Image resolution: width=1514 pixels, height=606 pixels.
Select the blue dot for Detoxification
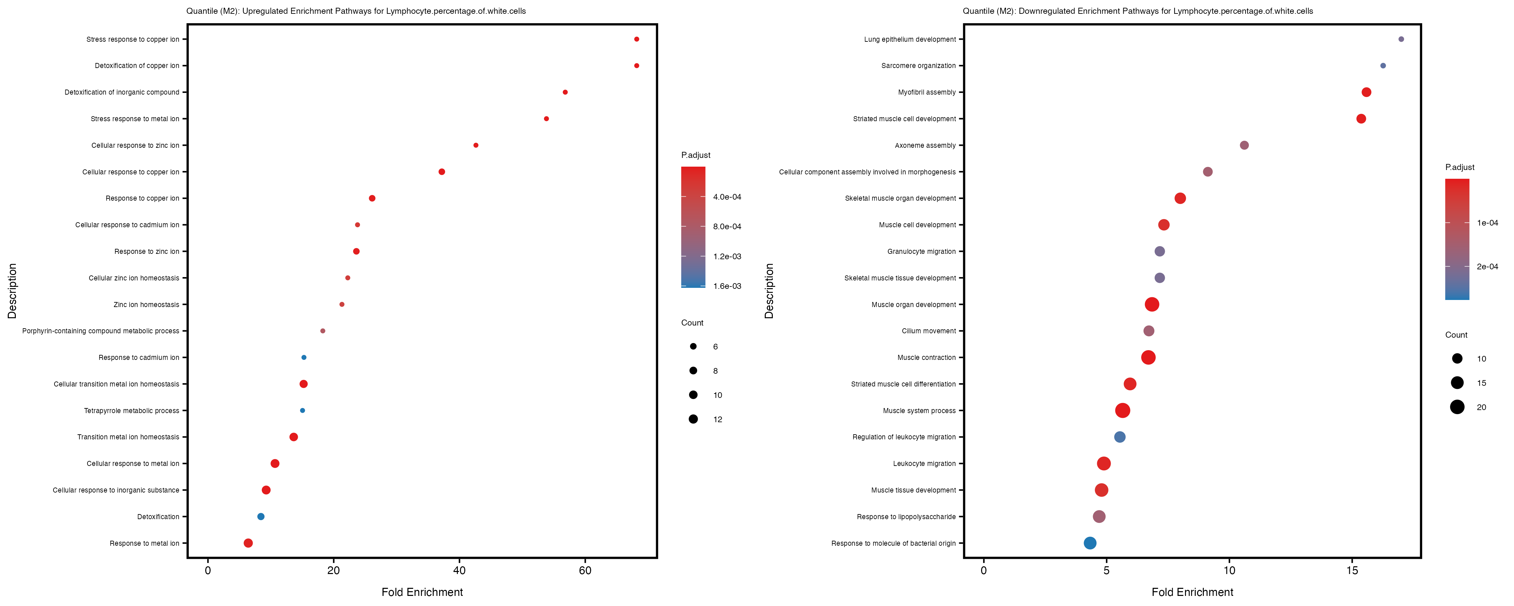261,516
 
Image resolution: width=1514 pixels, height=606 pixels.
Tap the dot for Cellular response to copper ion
442,172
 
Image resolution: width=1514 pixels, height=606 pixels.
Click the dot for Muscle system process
1123,411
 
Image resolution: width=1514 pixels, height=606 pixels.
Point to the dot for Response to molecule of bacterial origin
1090,543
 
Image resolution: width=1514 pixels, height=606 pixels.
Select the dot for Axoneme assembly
1244,145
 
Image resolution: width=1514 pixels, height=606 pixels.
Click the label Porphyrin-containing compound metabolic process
101,331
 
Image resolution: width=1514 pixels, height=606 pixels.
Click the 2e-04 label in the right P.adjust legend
1487,267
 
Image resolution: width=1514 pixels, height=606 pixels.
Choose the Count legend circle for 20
1457,407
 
